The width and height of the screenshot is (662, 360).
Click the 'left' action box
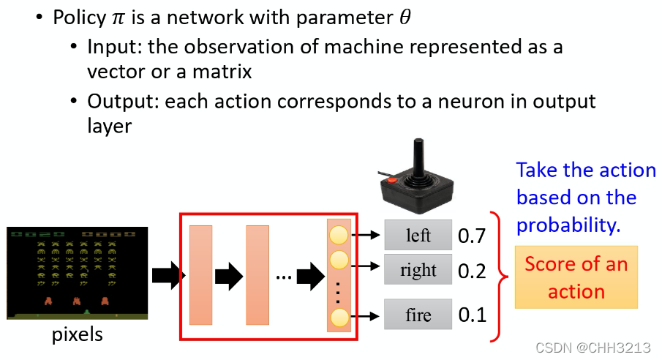(x=418, y=236)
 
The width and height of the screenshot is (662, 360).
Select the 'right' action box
(x=418, y=270)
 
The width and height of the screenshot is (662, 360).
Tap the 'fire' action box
(x=418, y=315)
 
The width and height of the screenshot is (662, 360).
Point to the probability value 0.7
(x=472, y=236)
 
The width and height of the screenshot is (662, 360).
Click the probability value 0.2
(x=472, y=271)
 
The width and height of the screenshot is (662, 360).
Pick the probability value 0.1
(x=472, y=315)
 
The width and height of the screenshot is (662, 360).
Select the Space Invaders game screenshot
(x=72, y=273)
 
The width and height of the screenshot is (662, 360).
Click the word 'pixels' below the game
(x=77, y=336)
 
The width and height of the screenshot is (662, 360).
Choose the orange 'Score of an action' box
(x=576, y=277)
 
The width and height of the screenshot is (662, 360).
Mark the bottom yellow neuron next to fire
(x=339, y=317)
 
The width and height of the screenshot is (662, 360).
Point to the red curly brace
(x=499, y=276)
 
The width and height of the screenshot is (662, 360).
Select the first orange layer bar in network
(x=200, y=274)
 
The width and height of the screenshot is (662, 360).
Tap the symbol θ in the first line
(x=404, y=18)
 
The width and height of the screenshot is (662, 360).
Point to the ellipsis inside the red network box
(x=284, y=277)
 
